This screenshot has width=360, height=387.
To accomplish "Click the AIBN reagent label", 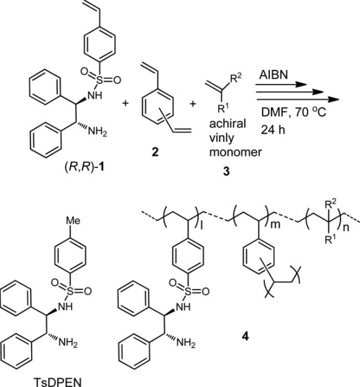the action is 274,74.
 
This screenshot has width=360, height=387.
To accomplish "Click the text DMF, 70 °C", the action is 294,113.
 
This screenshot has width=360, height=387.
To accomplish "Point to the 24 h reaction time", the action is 273,130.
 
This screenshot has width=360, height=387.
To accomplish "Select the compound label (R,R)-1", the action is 84,168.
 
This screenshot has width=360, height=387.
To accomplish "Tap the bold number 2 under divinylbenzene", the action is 155,152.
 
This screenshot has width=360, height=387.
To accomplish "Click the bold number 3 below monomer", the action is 227,171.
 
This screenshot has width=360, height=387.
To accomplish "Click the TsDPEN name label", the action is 57,382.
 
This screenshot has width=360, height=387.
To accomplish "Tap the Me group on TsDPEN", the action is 73,220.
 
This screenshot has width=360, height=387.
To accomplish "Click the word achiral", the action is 228,123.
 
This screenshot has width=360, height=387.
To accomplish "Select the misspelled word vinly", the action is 222,138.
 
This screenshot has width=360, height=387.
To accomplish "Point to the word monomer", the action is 236,152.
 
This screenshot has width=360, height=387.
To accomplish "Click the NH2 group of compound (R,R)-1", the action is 97,131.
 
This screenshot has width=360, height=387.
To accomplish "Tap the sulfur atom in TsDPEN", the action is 71,291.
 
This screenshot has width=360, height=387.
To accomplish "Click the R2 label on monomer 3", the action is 236,78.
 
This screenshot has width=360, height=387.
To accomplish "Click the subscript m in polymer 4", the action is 275,225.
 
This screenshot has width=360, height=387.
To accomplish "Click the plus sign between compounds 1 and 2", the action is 125,103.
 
